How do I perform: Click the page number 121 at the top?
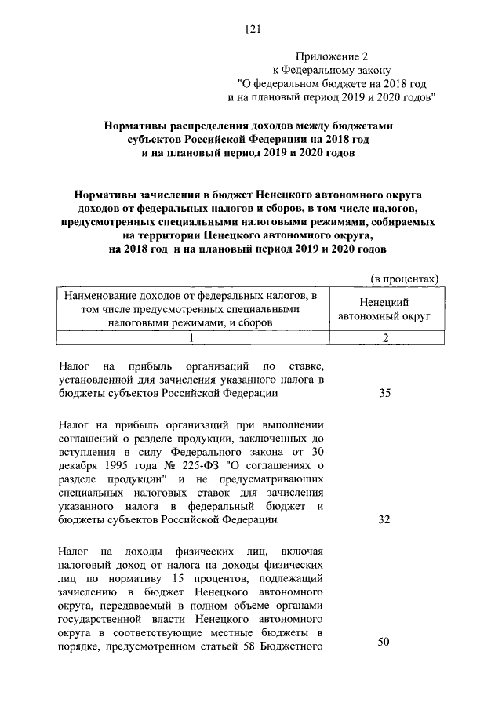point(252,29)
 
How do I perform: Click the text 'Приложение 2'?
point(329,56)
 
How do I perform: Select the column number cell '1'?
point(191,337)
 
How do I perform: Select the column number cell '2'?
point(384,337)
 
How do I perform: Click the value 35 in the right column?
point(384,393)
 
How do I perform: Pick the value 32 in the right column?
point(384,519)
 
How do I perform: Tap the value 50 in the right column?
point(384,642)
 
